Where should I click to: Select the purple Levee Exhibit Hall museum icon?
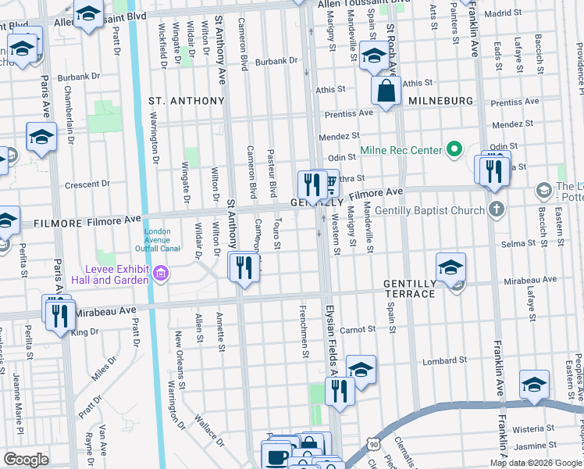[x=161, y=273]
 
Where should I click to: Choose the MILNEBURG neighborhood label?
[x=440, y=101]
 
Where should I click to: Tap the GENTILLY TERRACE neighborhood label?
[x=408, y=288]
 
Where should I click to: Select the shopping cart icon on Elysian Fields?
[x=330, y=183]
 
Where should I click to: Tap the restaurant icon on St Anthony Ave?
[x=244, y=267]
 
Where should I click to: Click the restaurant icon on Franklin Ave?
[x=493, y=170]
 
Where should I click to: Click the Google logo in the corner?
[x=26, y=460]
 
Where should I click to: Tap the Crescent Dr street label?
[x=87, y=184]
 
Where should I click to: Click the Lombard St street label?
[x=438, y=360]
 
